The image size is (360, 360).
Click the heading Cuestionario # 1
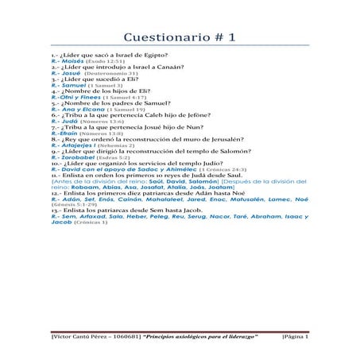(x=180, y=37)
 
